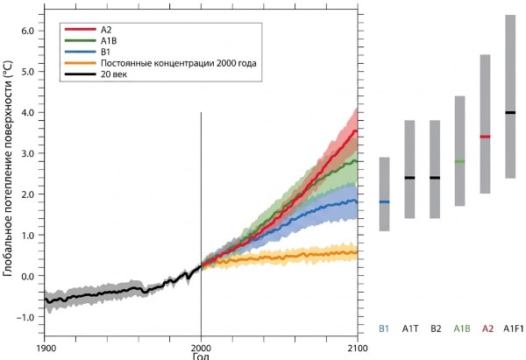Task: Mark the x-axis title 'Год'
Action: click(x=202, y=356)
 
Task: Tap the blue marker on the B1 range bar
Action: click(x=384, y=201)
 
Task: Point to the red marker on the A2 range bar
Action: click(x=485, y=137)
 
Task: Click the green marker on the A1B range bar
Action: click(x=459, y=161)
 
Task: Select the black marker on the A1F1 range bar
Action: click(x=510, y=112)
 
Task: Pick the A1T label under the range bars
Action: click(x=409, y=329)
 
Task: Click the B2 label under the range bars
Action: click(x=435, y=329)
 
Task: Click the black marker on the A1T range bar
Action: click(x=409, y=178)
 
